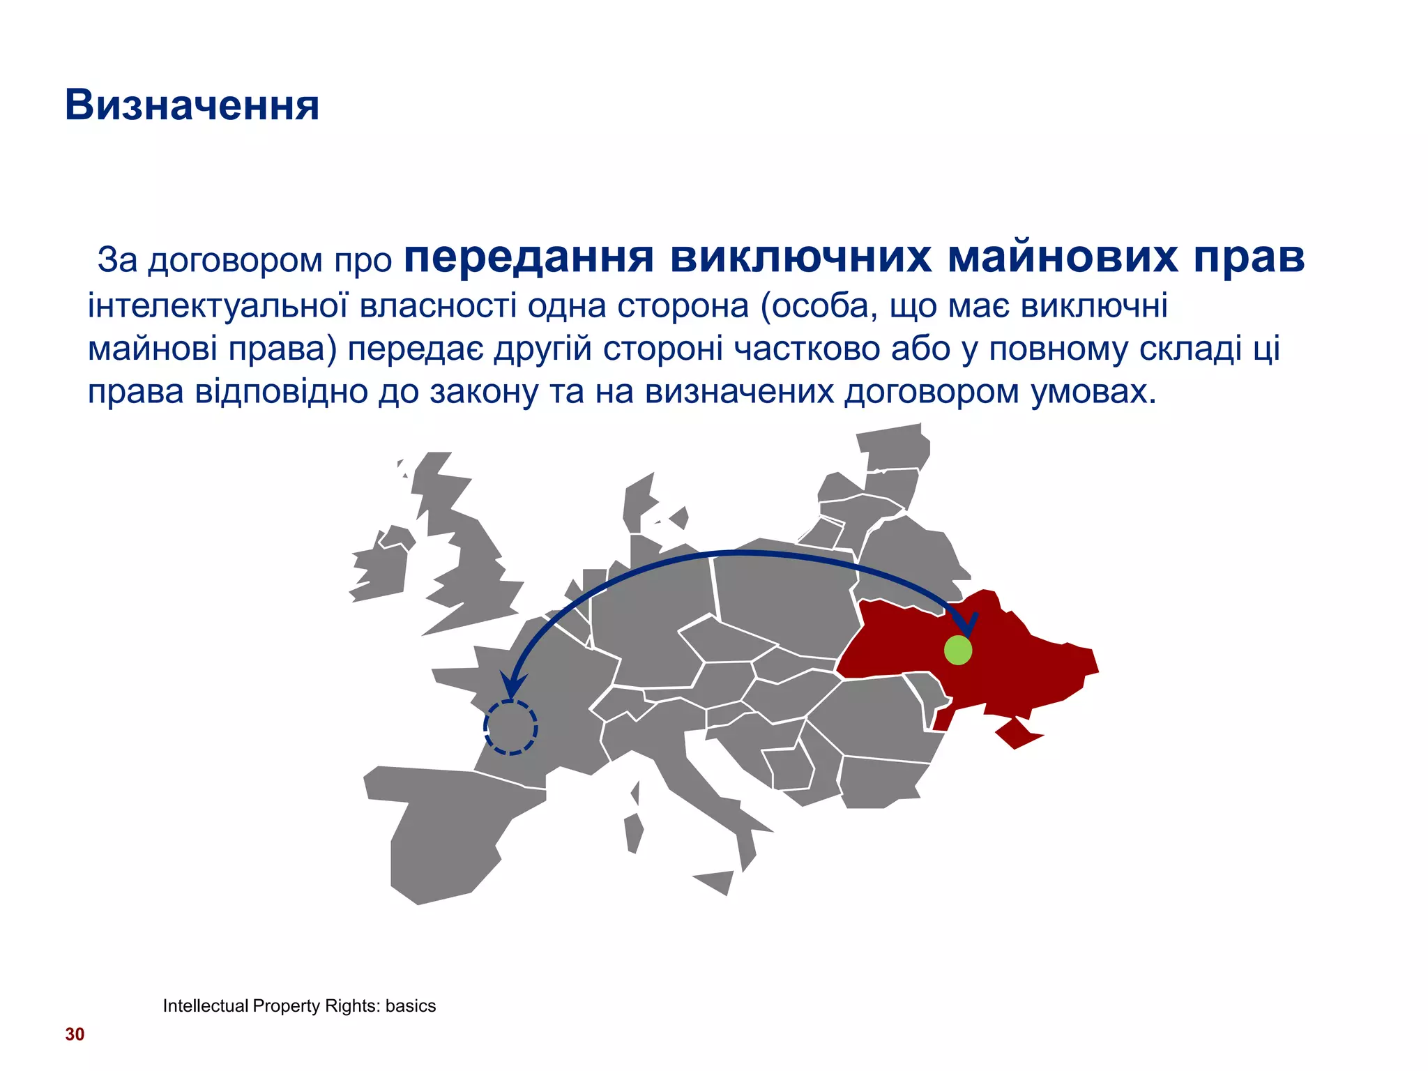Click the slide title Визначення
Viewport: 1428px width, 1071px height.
click(x=192, y=105)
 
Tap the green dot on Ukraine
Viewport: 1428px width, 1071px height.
click(x=958, y=650)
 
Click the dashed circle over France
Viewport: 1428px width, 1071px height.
click(x=510, y=727)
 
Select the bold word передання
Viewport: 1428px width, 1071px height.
click(x=529, y=257)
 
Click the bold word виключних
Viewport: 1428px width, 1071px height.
click(x=800, y=257)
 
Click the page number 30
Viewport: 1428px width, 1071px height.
click(x=75, y=1034)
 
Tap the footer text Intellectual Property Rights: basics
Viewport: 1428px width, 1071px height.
click(x=299, y=1005)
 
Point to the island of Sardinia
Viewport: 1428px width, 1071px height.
click(x=633, y=833)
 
